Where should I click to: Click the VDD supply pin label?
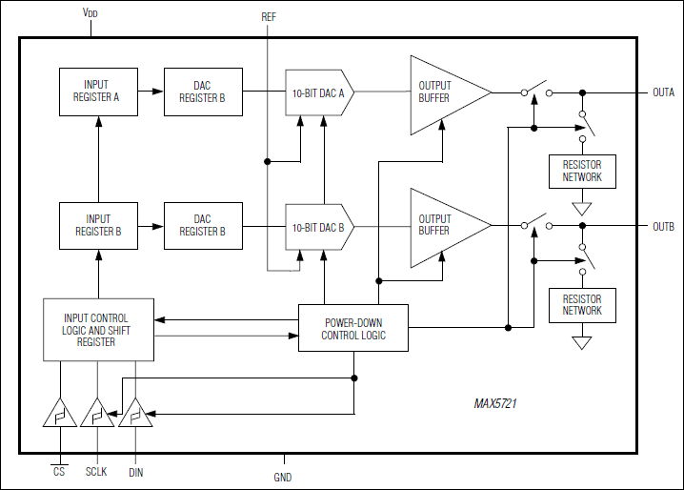point(90,14)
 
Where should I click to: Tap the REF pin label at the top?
point(270,17)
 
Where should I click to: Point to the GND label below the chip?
point(282,477)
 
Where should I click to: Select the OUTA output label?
point(663,92)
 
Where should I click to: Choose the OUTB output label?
point(663,226)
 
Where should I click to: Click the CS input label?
point(59,470)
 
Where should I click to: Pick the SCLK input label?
point(97,471)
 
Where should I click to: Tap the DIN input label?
point(135,471)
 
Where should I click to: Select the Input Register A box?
point(97,92)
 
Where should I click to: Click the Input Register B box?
point(97,225)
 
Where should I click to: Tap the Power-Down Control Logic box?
point(352,328)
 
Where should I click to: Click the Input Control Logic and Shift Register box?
point(96,329)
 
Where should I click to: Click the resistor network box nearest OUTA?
point(582,171)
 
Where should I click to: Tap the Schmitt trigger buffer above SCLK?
point(97,414)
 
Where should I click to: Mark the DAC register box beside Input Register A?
point(202,92)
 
